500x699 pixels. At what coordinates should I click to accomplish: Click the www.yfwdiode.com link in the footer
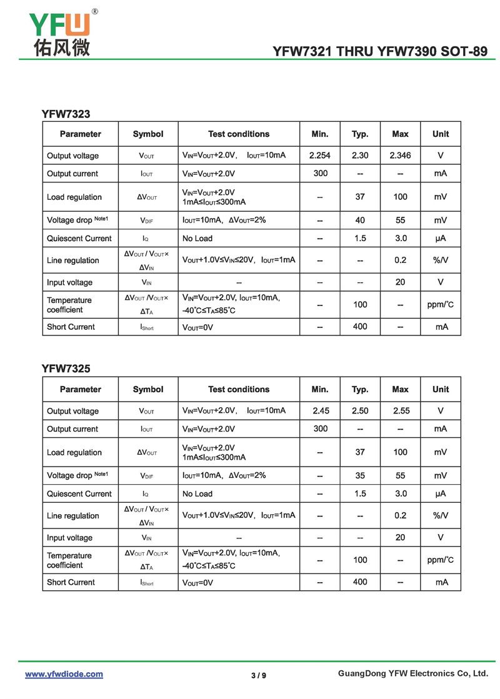click(64, 674)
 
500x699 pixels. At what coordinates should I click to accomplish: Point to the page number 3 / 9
click(258, 675)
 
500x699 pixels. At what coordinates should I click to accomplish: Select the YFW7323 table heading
click(66, 114)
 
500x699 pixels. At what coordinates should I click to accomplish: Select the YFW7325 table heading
click(66, 369)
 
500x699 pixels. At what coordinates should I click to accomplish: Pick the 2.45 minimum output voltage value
click(319, 411)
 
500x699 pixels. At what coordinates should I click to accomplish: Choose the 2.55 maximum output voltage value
click(400, 411)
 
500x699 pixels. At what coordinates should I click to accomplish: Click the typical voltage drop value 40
click(360, 220)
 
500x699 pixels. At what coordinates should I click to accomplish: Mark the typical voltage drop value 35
click(360, 475)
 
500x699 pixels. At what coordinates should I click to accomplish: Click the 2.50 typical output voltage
click(360, 411)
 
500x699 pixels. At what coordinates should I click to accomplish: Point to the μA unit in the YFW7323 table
click(441, 238)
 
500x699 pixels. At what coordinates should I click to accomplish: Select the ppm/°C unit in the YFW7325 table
click(441, 560)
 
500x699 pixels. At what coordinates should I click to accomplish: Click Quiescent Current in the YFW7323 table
click(79, 238)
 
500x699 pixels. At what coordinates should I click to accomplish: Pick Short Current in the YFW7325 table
click(71, 582)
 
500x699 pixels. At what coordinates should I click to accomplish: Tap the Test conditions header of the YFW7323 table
click(239, 134)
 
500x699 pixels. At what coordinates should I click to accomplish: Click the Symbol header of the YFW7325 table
click(148, 389)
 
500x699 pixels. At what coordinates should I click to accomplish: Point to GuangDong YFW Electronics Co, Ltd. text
click(412, 673)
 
